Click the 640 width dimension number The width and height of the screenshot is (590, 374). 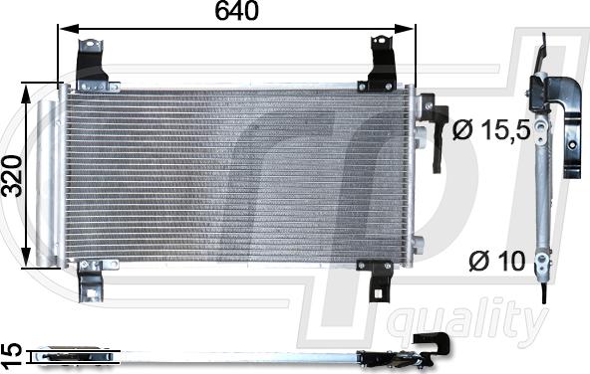237,12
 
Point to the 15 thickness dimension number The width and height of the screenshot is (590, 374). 11,354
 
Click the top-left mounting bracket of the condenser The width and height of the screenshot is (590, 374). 92,62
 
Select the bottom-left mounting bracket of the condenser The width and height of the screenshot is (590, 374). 91,280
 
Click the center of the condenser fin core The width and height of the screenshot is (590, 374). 236,175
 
